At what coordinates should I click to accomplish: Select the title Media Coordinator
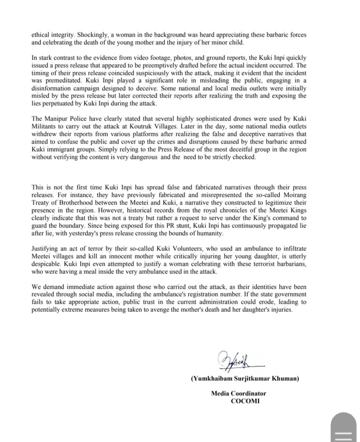point(238,393)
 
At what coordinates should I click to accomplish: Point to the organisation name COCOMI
point(245,400)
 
